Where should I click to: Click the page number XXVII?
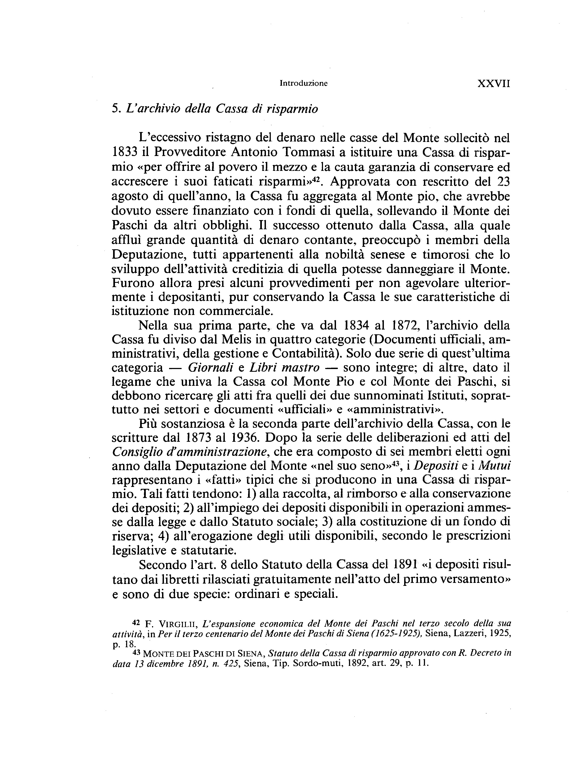(493, 84)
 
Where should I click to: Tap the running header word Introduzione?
(304, 84)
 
